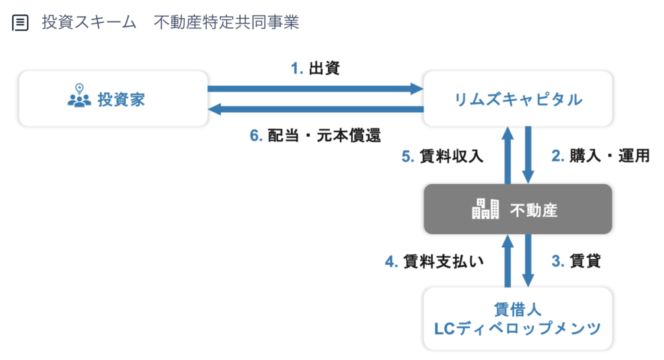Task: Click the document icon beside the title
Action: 20,23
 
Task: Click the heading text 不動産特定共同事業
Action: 226,23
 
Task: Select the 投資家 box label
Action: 121,99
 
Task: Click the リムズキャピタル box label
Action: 518,99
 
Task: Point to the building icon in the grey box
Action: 485,209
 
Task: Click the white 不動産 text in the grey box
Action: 534,210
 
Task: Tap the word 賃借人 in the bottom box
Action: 517,309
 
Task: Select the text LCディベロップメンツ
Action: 517,328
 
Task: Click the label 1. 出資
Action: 316,67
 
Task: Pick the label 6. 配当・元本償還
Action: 316,136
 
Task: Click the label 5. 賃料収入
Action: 442,156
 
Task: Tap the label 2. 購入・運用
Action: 600,156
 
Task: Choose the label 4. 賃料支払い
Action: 434,261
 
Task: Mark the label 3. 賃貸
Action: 576,261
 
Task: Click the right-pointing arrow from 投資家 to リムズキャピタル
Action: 316,89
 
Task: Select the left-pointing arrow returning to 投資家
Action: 316,109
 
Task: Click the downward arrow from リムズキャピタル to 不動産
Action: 528,155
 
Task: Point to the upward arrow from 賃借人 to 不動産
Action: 508,261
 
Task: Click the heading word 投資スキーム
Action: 89,23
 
